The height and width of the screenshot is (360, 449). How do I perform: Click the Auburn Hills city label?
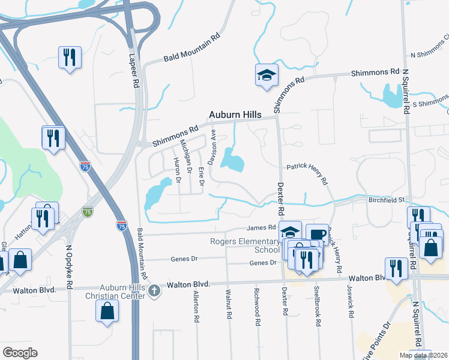click(x=235, y=115)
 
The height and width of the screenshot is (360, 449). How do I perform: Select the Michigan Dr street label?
click(x=188, y=160)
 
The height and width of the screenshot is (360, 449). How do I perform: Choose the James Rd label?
click(x=261, y=227)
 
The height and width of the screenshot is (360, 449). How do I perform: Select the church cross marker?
click(x=154, y=292)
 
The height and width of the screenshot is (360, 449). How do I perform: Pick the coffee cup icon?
click(x=317, y=233)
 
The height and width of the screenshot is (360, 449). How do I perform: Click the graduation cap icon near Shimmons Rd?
click(x=267, y=74)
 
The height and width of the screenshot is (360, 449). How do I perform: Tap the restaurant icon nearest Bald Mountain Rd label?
click(x=70, y=57)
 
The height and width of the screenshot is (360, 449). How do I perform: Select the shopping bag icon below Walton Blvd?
click(x=107, y=310)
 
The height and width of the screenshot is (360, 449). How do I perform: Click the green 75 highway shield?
click(x=88, y=212)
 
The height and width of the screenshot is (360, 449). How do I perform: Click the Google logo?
click(x=20, y=353)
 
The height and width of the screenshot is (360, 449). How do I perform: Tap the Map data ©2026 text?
click(x=424, y=356)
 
